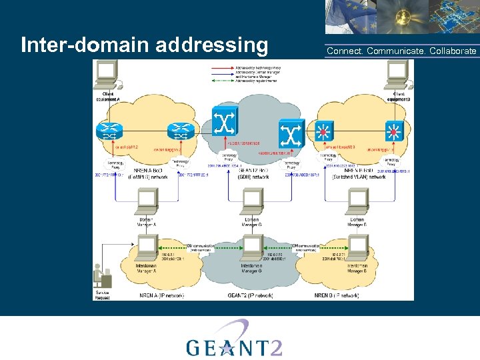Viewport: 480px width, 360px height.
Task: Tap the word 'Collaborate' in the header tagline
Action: pyautogui.click(x=453, y=51)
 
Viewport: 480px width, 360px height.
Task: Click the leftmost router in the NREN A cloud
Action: pyautogui.click(x=108, y=131)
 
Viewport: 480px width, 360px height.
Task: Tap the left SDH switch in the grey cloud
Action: pyautogui.click(x=224, y=123)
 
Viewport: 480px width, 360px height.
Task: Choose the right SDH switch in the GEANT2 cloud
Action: pyautogui.click(x=291, y=133)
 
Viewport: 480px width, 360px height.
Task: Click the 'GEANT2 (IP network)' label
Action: pyautogui.click(x=251, y=295)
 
